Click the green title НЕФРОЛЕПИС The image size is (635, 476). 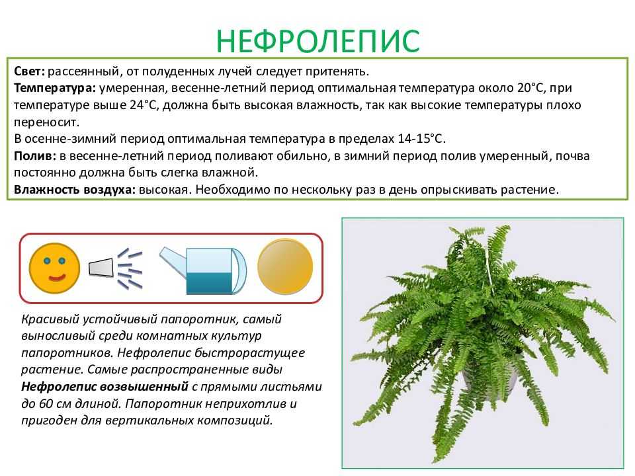(x=318, y=41)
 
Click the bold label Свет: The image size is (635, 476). (x=28, y=71)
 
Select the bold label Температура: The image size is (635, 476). (x=55, y=88)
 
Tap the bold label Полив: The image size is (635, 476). (x=35, y=156)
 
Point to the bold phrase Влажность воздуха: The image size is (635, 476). (x=75, y=190)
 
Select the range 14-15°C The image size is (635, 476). (x=421, y=139)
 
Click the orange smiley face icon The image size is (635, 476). (x=54, y=268)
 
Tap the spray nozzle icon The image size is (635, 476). (x=116, y=268)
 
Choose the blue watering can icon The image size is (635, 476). (x=203, y=270)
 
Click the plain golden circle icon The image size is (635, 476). (x=285, y=266)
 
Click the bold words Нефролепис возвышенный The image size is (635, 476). (x=105, y=387)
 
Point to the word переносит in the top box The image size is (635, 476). (x=46, y=122)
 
